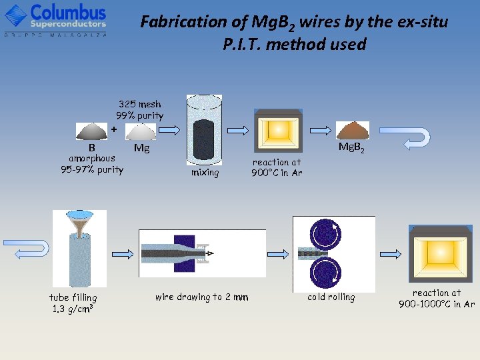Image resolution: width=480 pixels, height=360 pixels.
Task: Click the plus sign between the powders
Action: (x=114, y=129)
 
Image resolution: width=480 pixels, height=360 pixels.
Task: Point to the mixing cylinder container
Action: (x=204, y=130)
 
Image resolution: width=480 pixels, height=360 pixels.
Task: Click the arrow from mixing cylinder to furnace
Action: (x=237, y=129)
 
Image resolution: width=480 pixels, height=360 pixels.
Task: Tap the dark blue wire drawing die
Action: (x=185, y=252)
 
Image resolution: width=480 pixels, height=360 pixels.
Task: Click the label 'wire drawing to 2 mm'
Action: (x=201, y=297)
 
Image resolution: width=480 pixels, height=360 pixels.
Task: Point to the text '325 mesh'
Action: (x=139, y=104)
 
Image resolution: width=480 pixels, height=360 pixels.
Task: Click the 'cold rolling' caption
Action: (x=331, y=297)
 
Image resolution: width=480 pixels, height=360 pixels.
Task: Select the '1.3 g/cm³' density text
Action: (x=73, y=309)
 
